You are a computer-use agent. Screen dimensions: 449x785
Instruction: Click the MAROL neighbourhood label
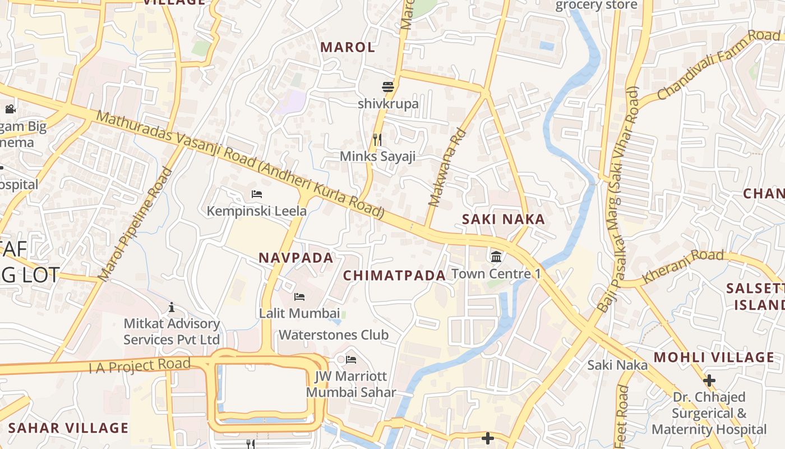[x=348, y=47]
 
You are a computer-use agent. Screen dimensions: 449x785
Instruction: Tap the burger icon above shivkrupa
[x=387, y=87]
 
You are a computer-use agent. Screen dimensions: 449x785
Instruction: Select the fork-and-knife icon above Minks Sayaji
[x=377, y=139]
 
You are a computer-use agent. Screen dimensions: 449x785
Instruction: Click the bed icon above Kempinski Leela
[x=257, y=194]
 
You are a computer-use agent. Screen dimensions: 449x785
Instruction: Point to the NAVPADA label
[x=296, y=258]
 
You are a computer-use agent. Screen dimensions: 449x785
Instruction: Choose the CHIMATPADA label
[x=394, y=276]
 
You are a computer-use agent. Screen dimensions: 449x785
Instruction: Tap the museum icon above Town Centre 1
[x=496, y=257]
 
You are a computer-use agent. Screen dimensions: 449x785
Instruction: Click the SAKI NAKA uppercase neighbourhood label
[x=504, y=219]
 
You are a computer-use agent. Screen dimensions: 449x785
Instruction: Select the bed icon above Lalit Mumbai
[x=299, y=296]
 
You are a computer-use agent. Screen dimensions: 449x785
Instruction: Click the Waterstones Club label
[x=334, y=335]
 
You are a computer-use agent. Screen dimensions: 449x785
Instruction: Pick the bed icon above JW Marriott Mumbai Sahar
[x=351, y=359]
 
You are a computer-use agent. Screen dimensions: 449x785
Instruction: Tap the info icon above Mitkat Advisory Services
[x=172, y=307]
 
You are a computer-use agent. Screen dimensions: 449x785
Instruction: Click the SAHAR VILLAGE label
[x=68, y=428]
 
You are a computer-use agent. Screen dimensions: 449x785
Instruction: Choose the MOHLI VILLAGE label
[x=714, y=358]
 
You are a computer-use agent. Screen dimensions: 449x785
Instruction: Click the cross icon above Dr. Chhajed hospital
[x=709, y=380]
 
